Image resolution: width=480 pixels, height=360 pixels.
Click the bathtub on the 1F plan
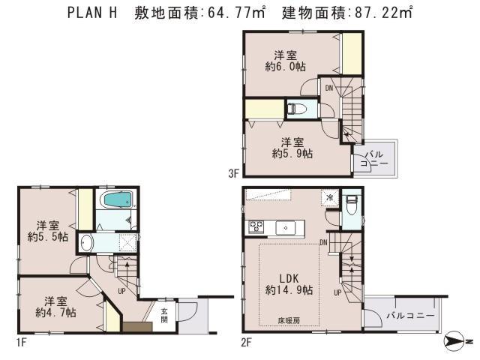[116, 201]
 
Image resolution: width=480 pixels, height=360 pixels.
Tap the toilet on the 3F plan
[297, 109]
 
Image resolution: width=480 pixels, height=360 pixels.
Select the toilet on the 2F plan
[352, 203]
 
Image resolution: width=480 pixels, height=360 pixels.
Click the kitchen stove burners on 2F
[256, 227]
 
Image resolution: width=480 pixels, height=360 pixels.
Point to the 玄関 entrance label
[163, 315]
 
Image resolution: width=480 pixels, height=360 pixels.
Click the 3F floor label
[233, 173]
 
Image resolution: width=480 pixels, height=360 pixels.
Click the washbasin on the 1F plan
[87, 244]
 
